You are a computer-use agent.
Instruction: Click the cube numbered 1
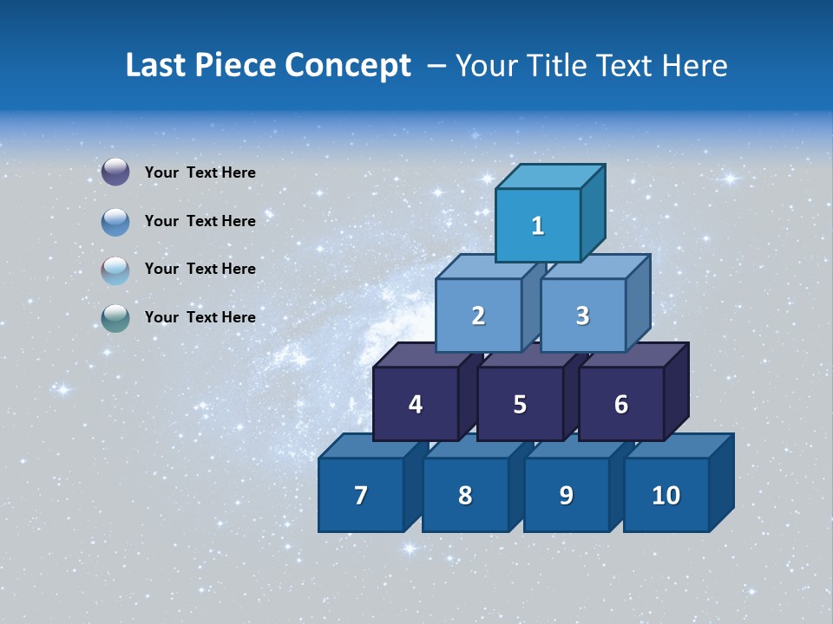click(538, 225)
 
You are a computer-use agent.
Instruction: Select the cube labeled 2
click(478, 315)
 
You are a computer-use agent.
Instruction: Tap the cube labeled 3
click(582, 315)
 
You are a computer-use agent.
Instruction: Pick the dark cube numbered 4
click(416, 404)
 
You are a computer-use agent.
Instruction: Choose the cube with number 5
click(520, 404)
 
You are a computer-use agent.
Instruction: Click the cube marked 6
click(621, 404)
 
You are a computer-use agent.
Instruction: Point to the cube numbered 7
click(361, 495)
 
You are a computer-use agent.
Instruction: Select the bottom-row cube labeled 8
click(465, 495)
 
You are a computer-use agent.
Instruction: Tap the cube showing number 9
click(567, 495)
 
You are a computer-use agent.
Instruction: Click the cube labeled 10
click(666, 495)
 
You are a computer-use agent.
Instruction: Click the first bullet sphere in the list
click(115, 172)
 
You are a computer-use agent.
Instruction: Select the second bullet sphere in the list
click(115, 221)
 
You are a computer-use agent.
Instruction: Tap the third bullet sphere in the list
click(115, 270)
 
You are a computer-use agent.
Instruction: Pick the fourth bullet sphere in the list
click(115, 318)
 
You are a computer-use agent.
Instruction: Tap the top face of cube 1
click(550, 176)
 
